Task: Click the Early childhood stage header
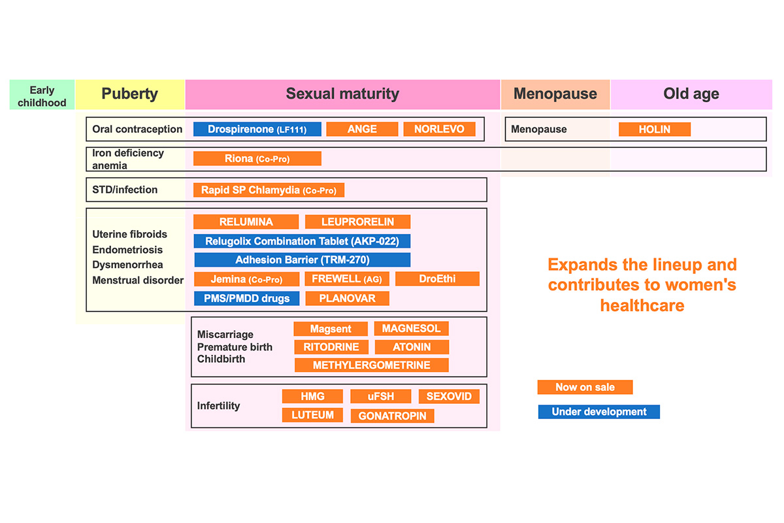(x=42, y=95)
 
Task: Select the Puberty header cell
(x=130, y=95)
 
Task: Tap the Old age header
(x=691, y=95)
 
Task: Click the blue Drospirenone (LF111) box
(x=257, y=129)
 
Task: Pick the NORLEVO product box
(x=439, y=129)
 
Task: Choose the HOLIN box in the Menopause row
(x=655, y=129)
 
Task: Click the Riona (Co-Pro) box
(x=257, y=158)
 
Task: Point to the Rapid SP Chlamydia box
(x=269, y=190)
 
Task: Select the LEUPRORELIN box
(x=358, y=222)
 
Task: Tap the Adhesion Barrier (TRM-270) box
(x=302, y=260)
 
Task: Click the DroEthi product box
(x=438, y=279)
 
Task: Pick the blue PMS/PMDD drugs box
(x=247, y=299)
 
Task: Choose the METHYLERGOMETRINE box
(x=371, y=365)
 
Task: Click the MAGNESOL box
(x=411, y=329)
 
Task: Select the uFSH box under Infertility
(x=381, y=396)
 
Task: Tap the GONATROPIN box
(x=393, y=416)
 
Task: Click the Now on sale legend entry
(x=585, y=387)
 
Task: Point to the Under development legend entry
(x=599, y=412)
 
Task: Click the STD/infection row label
(x=125, y=190)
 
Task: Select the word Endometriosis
(x=127, y=250)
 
